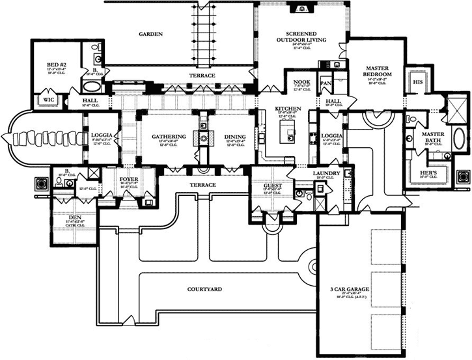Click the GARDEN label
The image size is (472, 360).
click(150, 33)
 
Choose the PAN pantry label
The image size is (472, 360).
click(326, 84)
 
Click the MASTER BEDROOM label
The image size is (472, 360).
click(377, 71)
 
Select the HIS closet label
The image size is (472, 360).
click(417, 83)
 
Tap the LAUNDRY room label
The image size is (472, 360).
click(326, 173)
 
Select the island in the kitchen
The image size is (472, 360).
click(286, 133)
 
